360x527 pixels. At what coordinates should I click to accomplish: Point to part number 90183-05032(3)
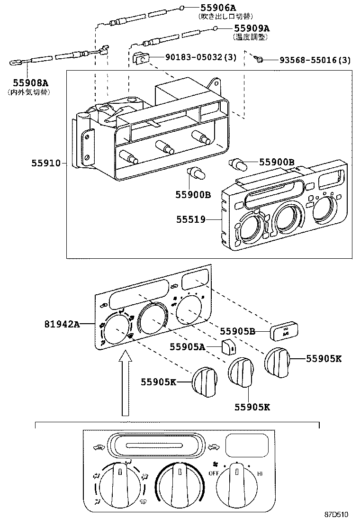(200, 57)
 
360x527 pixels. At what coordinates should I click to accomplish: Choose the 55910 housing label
(46, 164)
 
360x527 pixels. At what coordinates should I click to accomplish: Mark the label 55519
(191, 219)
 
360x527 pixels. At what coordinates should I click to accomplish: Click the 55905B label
(238, 331)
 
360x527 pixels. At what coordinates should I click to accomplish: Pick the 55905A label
(188, 347)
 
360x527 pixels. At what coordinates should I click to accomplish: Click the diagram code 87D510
(336, 514)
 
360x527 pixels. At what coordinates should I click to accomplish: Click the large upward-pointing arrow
(125, 383)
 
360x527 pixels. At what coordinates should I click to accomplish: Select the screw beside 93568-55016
(259, 59)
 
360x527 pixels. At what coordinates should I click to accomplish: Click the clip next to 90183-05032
(141, 58)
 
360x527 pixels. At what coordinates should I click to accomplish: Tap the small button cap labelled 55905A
(229, 347)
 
